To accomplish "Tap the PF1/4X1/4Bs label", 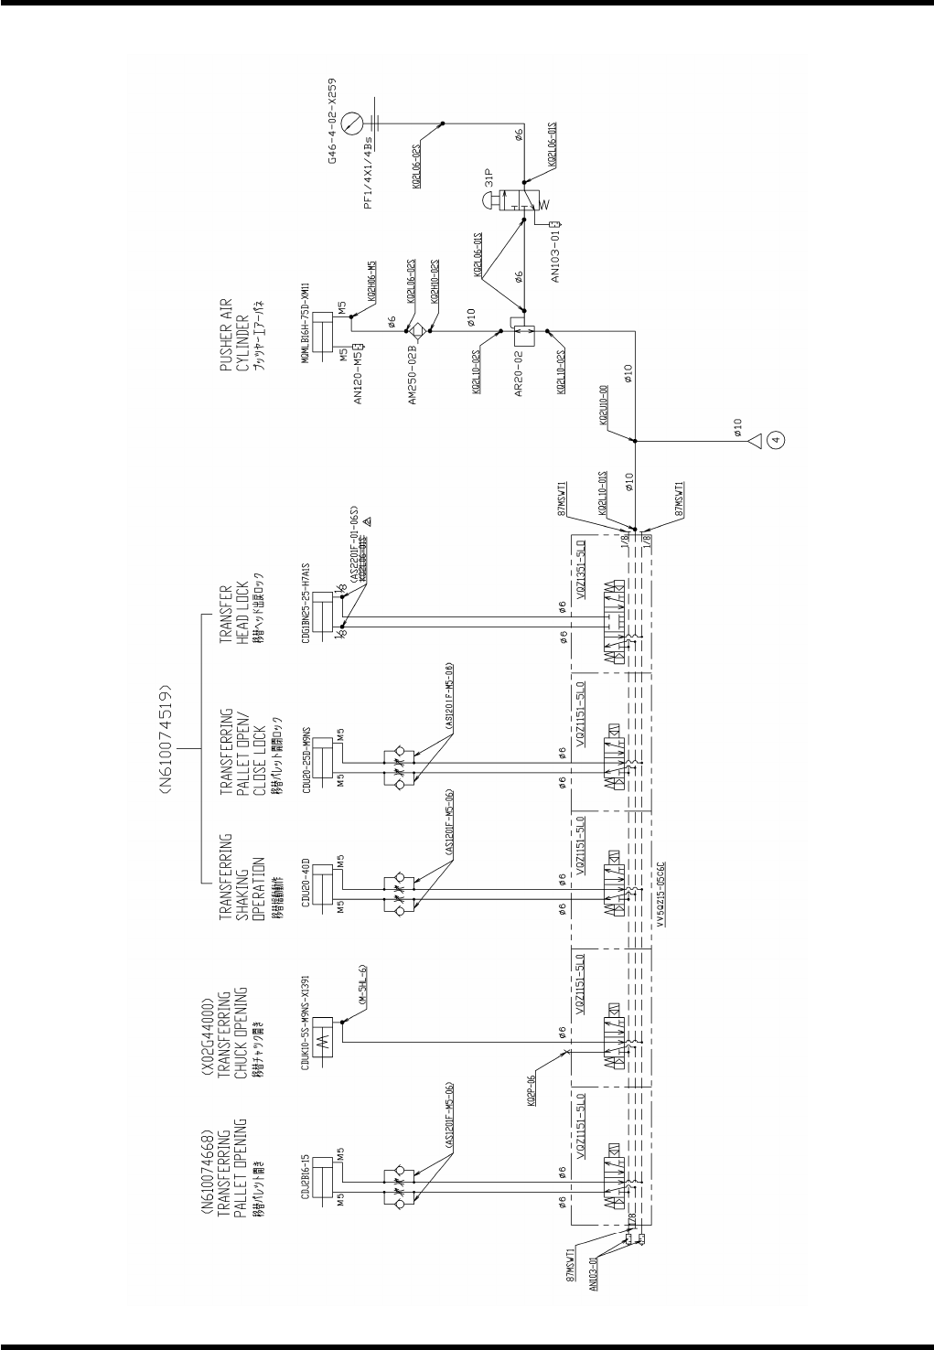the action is tap(370, 187).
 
